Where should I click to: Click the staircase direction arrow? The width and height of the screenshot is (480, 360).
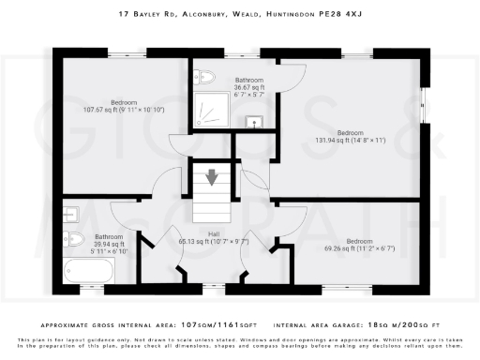(211, 175)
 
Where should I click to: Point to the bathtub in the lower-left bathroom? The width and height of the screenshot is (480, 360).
(89, 272)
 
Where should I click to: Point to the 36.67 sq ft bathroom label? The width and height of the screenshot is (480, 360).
(249, 85)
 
